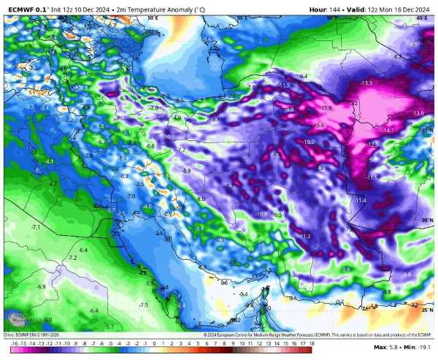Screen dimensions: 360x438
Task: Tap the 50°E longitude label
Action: coord(153,16)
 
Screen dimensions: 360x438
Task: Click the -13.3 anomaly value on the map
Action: coord(366,83)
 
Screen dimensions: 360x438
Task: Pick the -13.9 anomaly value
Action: coord(418,114)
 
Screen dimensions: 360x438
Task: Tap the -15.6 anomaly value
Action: coord(319,126)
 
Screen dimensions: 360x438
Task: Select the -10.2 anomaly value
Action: coord(309,141)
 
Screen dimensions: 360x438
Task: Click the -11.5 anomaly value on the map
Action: coord(372,177)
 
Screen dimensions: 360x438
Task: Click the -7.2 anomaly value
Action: coord(72,258)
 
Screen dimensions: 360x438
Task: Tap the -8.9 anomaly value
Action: coord(187,170)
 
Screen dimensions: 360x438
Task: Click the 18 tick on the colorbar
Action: coord(311,342)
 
